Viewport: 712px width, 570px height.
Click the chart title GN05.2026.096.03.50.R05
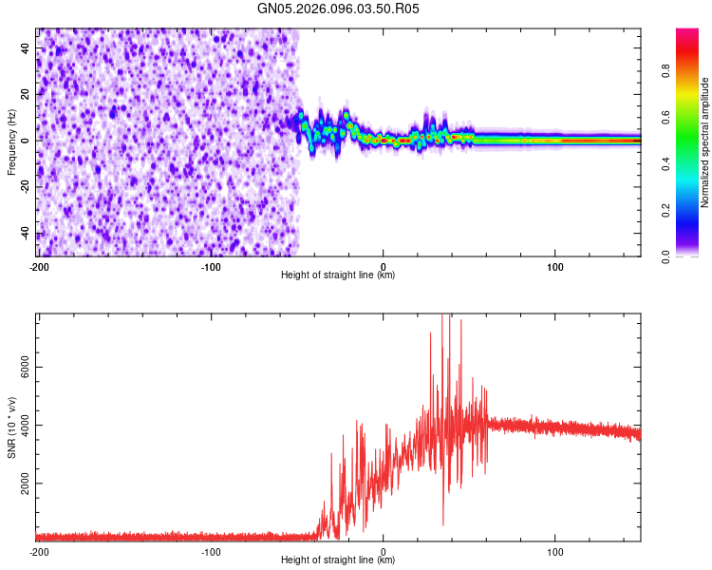(338, 9)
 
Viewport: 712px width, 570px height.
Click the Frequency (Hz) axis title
(11, 142)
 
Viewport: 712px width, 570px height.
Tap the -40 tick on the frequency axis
(26, 234)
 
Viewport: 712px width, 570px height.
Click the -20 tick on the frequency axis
(26, 187)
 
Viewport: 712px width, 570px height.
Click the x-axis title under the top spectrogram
(338, 275)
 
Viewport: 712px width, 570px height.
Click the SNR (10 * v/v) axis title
(11, 427)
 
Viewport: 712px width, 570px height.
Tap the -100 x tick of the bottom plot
(211, 552)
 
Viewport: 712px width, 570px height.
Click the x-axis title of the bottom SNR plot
(338, 560)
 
